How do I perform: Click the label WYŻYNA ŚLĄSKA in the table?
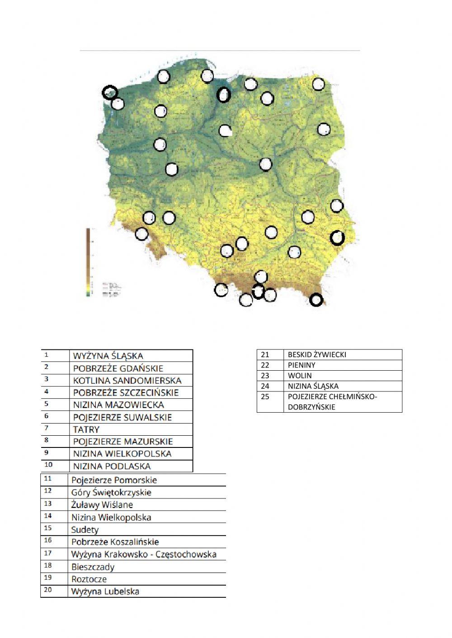(108, 356)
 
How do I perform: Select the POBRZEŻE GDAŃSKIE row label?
(118, 368)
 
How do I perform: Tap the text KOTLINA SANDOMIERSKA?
(127, 380)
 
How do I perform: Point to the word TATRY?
(86, 429)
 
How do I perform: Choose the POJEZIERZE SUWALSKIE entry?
(122, 417)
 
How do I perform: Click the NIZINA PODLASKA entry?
(112, 466)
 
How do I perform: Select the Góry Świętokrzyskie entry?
(111, 492)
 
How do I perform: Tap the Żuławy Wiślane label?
(102, 505)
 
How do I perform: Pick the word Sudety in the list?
(85, 530)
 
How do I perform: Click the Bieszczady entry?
(93, 567)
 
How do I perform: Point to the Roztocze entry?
(89, 579)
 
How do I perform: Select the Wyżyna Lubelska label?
(105, 591)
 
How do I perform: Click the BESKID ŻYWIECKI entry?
(317, 354)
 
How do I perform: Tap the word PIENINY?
(301, 365)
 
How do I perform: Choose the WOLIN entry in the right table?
(300, 375)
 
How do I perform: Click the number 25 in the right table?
(265, 396)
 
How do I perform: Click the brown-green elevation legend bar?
(89, 262)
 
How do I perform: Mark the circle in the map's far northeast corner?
(318, 84)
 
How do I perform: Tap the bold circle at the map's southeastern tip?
(316, 299)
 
